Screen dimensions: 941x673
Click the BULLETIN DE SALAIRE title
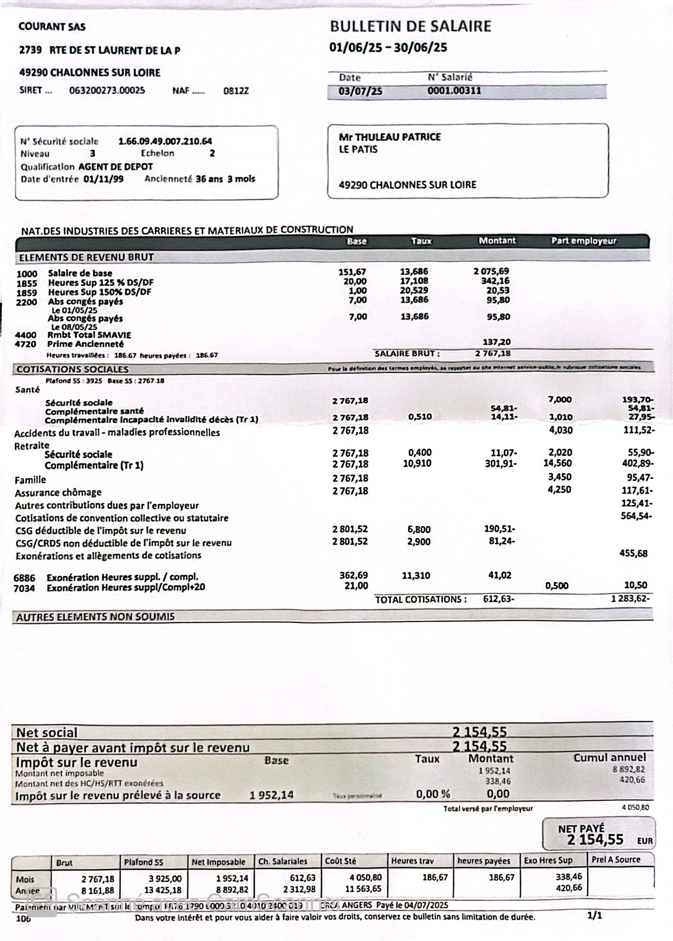click(410, 27)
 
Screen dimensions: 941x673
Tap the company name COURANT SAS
click(52, 27)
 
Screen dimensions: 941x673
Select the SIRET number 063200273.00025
click(107, 90)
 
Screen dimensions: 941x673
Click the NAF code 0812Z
click(236, 91)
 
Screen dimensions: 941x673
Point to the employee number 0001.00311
click(454, 91)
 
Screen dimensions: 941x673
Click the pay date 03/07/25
click(360, 91)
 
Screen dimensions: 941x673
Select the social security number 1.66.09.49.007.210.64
click(165, 141)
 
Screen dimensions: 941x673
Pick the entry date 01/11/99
click(103, 179)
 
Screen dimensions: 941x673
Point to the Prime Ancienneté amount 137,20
click(496, 342)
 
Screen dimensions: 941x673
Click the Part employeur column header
click(583, 241)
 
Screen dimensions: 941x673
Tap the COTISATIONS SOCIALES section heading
click(73, 369)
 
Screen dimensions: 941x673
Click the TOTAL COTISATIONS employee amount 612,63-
click(499, 599)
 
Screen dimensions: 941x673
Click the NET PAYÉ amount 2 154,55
click(595, 839)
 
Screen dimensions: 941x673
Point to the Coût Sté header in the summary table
click(340, 861)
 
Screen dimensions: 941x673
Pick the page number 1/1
click(595, 915)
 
